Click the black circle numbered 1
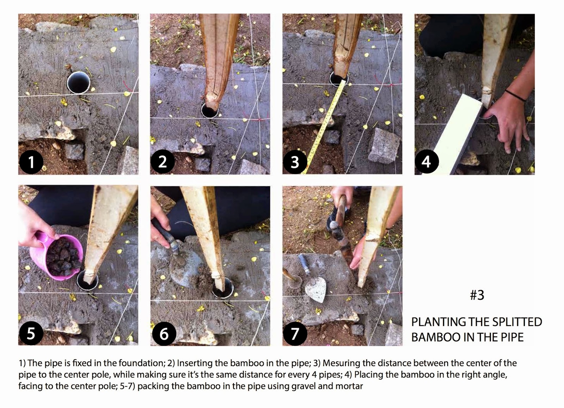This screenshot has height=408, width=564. point(31,162)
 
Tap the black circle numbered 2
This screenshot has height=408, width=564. point(163,162)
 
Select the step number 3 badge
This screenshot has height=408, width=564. point(295,162)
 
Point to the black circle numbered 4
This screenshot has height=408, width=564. point(427,162)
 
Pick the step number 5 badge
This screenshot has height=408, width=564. point(31,333)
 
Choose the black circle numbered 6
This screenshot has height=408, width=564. point(164,334)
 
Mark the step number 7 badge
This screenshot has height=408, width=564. point(295,334)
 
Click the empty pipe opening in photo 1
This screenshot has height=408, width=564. point(79,82)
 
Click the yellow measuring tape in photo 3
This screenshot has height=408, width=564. point(324,127)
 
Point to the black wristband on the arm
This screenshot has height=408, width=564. point(515,95)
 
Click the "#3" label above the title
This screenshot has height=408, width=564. point(477,295)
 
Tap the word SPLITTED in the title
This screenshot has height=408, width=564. point(513,322)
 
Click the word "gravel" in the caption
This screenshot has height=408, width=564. point(304,387)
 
